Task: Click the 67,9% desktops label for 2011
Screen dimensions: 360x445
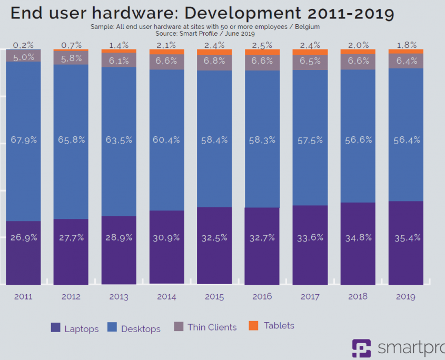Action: click(x=23, y=140)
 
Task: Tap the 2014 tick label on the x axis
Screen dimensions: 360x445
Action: click(x=166, y=297)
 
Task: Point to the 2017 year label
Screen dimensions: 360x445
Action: click(x=310, y=297)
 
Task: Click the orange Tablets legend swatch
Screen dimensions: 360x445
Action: click(x=254, y=326)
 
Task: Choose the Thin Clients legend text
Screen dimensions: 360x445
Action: click(x=212, y=327)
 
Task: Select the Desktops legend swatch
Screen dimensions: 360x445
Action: click(x=112, y=327)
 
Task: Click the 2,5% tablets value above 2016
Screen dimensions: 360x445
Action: click(x=262, y=45)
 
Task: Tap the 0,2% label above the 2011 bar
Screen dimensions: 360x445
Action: click(x=23, y=45)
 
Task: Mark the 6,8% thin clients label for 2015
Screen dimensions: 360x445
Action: click(x=214, y=60)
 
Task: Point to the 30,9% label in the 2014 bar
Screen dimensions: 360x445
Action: click(x=166, y=237)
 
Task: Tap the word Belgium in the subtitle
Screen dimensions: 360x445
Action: click(x=306, y=26)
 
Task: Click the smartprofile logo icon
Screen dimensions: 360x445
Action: click(x=362, y=348)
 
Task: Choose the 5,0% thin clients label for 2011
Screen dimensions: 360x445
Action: click(x=23, y=57)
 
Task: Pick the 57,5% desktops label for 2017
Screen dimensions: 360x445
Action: click(x=310, y=140)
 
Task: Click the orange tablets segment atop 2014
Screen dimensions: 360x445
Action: click(x=166, y=52)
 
